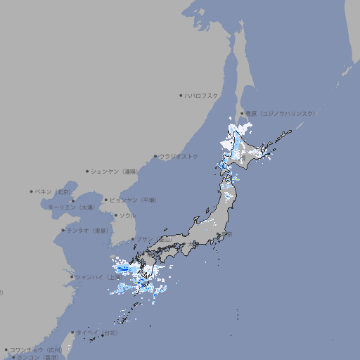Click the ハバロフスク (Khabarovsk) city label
pyautogui.click(x=202, y=95)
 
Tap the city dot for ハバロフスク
pyautogui.click(x=181, y=95)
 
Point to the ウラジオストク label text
pyautogui.click(x=179, y=156)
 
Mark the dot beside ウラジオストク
pyautogui.click(x=155, y=156)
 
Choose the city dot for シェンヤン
pyautogui.click(x=88, y=171)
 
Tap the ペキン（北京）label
pyautogui.click(x=53, y=191)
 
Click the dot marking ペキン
pyautogui.click(x=32, y=191)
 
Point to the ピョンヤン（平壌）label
pyautogui.click(x=134, y=200)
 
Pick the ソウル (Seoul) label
pyautogui.click(x=127, y=215)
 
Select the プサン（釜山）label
pyautogui.click(x=153, y=239)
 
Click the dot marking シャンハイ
pyautogui.click(x=72, y=277)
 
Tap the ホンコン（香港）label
pyautogui.click(x=36, y=357)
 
